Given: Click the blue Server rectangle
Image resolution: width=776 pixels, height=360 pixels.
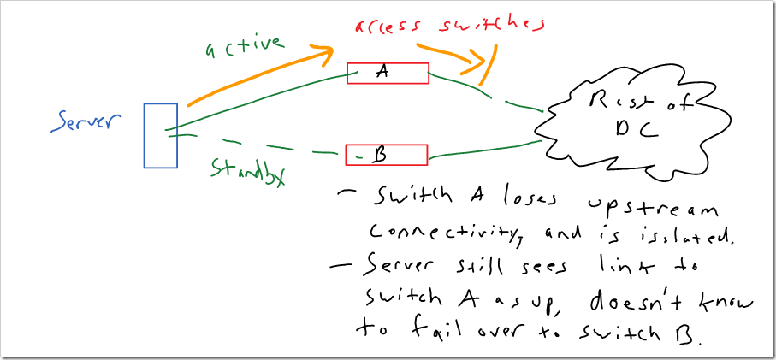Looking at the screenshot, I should (x=160, y=135).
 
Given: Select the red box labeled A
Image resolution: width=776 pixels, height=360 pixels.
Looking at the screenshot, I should (x=387, y=74).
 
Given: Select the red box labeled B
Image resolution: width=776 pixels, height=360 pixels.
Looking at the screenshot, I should (x=386, y=155).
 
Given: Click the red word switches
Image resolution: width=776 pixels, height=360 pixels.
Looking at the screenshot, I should (x=483, y=24).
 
